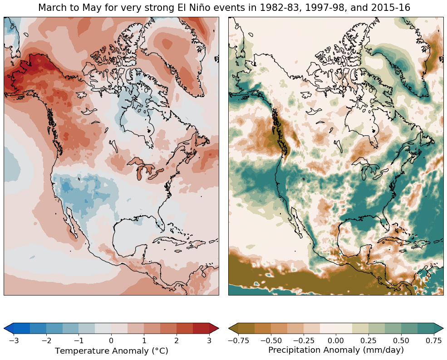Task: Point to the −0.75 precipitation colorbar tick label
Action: (x=238, y=340)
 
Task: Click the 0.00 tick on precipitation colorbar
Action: (x=336, y=340)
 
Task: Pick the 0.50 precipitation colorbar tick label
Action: (x=401, y=340)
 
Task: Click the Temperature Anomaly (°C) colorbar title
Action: (x=112, y=350)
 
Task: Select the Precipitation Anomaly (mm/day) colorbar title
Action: (x=336, y=350)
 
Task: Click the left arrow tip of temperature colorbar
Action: (x=4, y=328)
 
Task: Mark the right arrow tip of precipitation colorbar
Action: (x=443, y=328)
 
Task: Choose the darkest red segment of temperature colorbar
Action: (x=201, y=328)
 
